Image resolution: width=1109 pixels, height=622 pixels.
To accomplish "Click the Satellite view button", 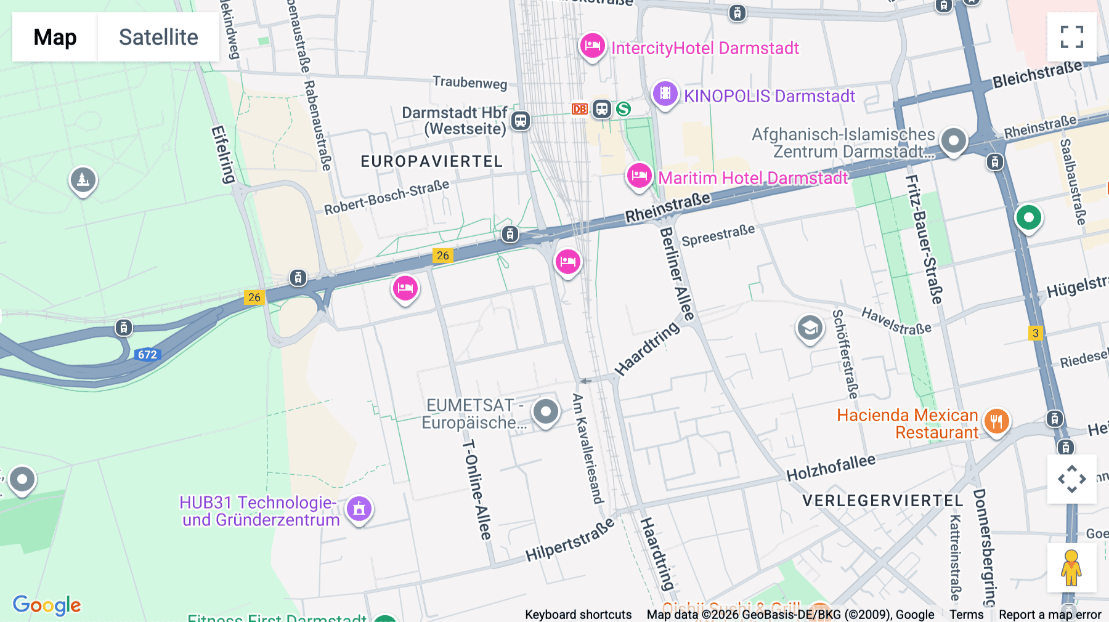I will point(158,37).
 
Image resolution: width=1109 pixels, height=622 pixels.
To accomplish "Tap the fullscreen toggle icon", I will point(1071,37).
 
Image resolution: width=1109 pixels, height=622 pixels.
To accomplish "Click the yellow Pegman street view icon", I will point(1071,567).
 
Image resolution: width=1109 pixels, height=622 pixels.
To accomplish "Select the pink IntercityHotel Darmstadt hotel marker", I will point(592,46).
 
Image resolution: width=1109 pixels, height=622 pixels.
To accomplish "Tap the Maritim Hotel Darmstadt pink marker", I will point(639,176).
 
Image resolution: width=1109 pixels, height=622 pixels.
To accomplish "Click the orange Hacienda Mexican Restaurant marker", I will point(996,422).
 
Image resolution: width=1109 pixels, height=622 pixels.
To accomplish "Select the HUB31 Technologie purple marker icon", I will point(359,509).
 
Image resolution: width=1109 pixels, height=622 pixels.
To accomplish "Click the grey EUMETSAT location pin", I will point(545,411).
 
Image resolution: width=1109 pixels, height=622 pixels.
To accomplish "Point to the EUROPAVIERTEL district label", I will point(431,161).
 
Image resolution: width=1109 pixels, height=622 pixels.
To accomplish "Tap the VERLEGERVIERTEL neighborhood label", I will point(882,501).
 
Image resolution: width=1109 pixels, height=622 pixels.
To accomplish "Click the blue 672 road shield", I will point(147,355).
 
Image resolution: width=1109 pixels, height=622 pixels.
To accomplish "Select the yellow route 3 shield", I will point(1035,333).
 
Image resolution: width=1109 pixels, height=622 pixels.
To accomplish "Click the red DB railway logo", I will point(579,109).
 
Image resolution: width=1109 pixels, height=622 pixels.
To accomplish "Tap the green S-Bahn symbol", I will point(624,109).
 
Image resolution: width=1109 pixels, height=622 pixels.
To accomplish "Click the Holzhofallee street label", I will point(831,468).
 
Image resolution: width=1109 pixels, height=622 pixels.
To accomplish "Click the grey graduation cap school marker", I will point(810,328).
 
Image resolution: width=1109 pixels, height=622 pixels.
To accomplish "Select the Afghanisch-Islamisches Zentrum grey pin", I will point(953,141).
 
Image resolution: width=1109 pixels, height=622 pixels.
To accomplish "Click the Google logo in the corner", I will point(47,605).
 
